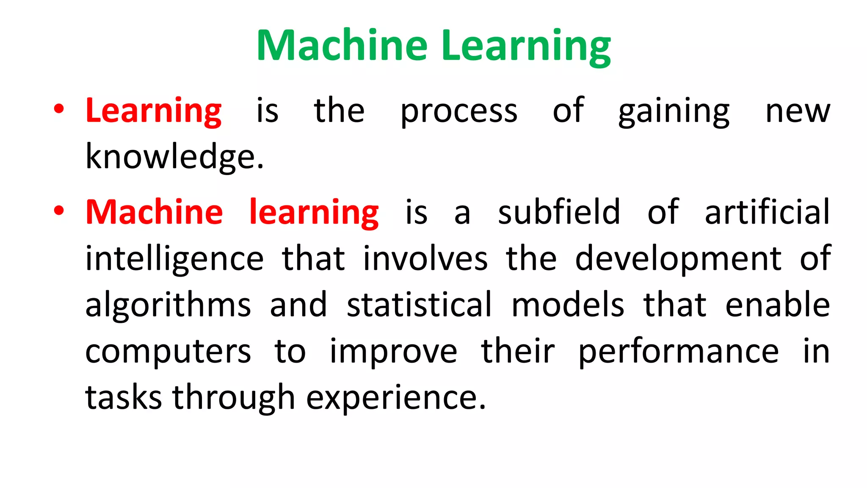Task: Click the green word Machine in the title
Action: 342,45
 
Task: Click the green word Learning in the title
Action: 526,47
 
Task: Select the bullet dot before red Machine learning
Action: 59,211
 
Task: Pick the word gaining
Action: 674,112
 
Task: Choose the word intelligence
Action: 174,259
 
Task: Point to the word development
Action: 678,259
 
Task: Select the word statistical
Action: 420,305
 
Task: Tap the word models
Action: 568,305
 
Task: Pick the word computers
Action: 168,352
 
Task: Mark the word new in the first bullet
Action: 798,112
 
